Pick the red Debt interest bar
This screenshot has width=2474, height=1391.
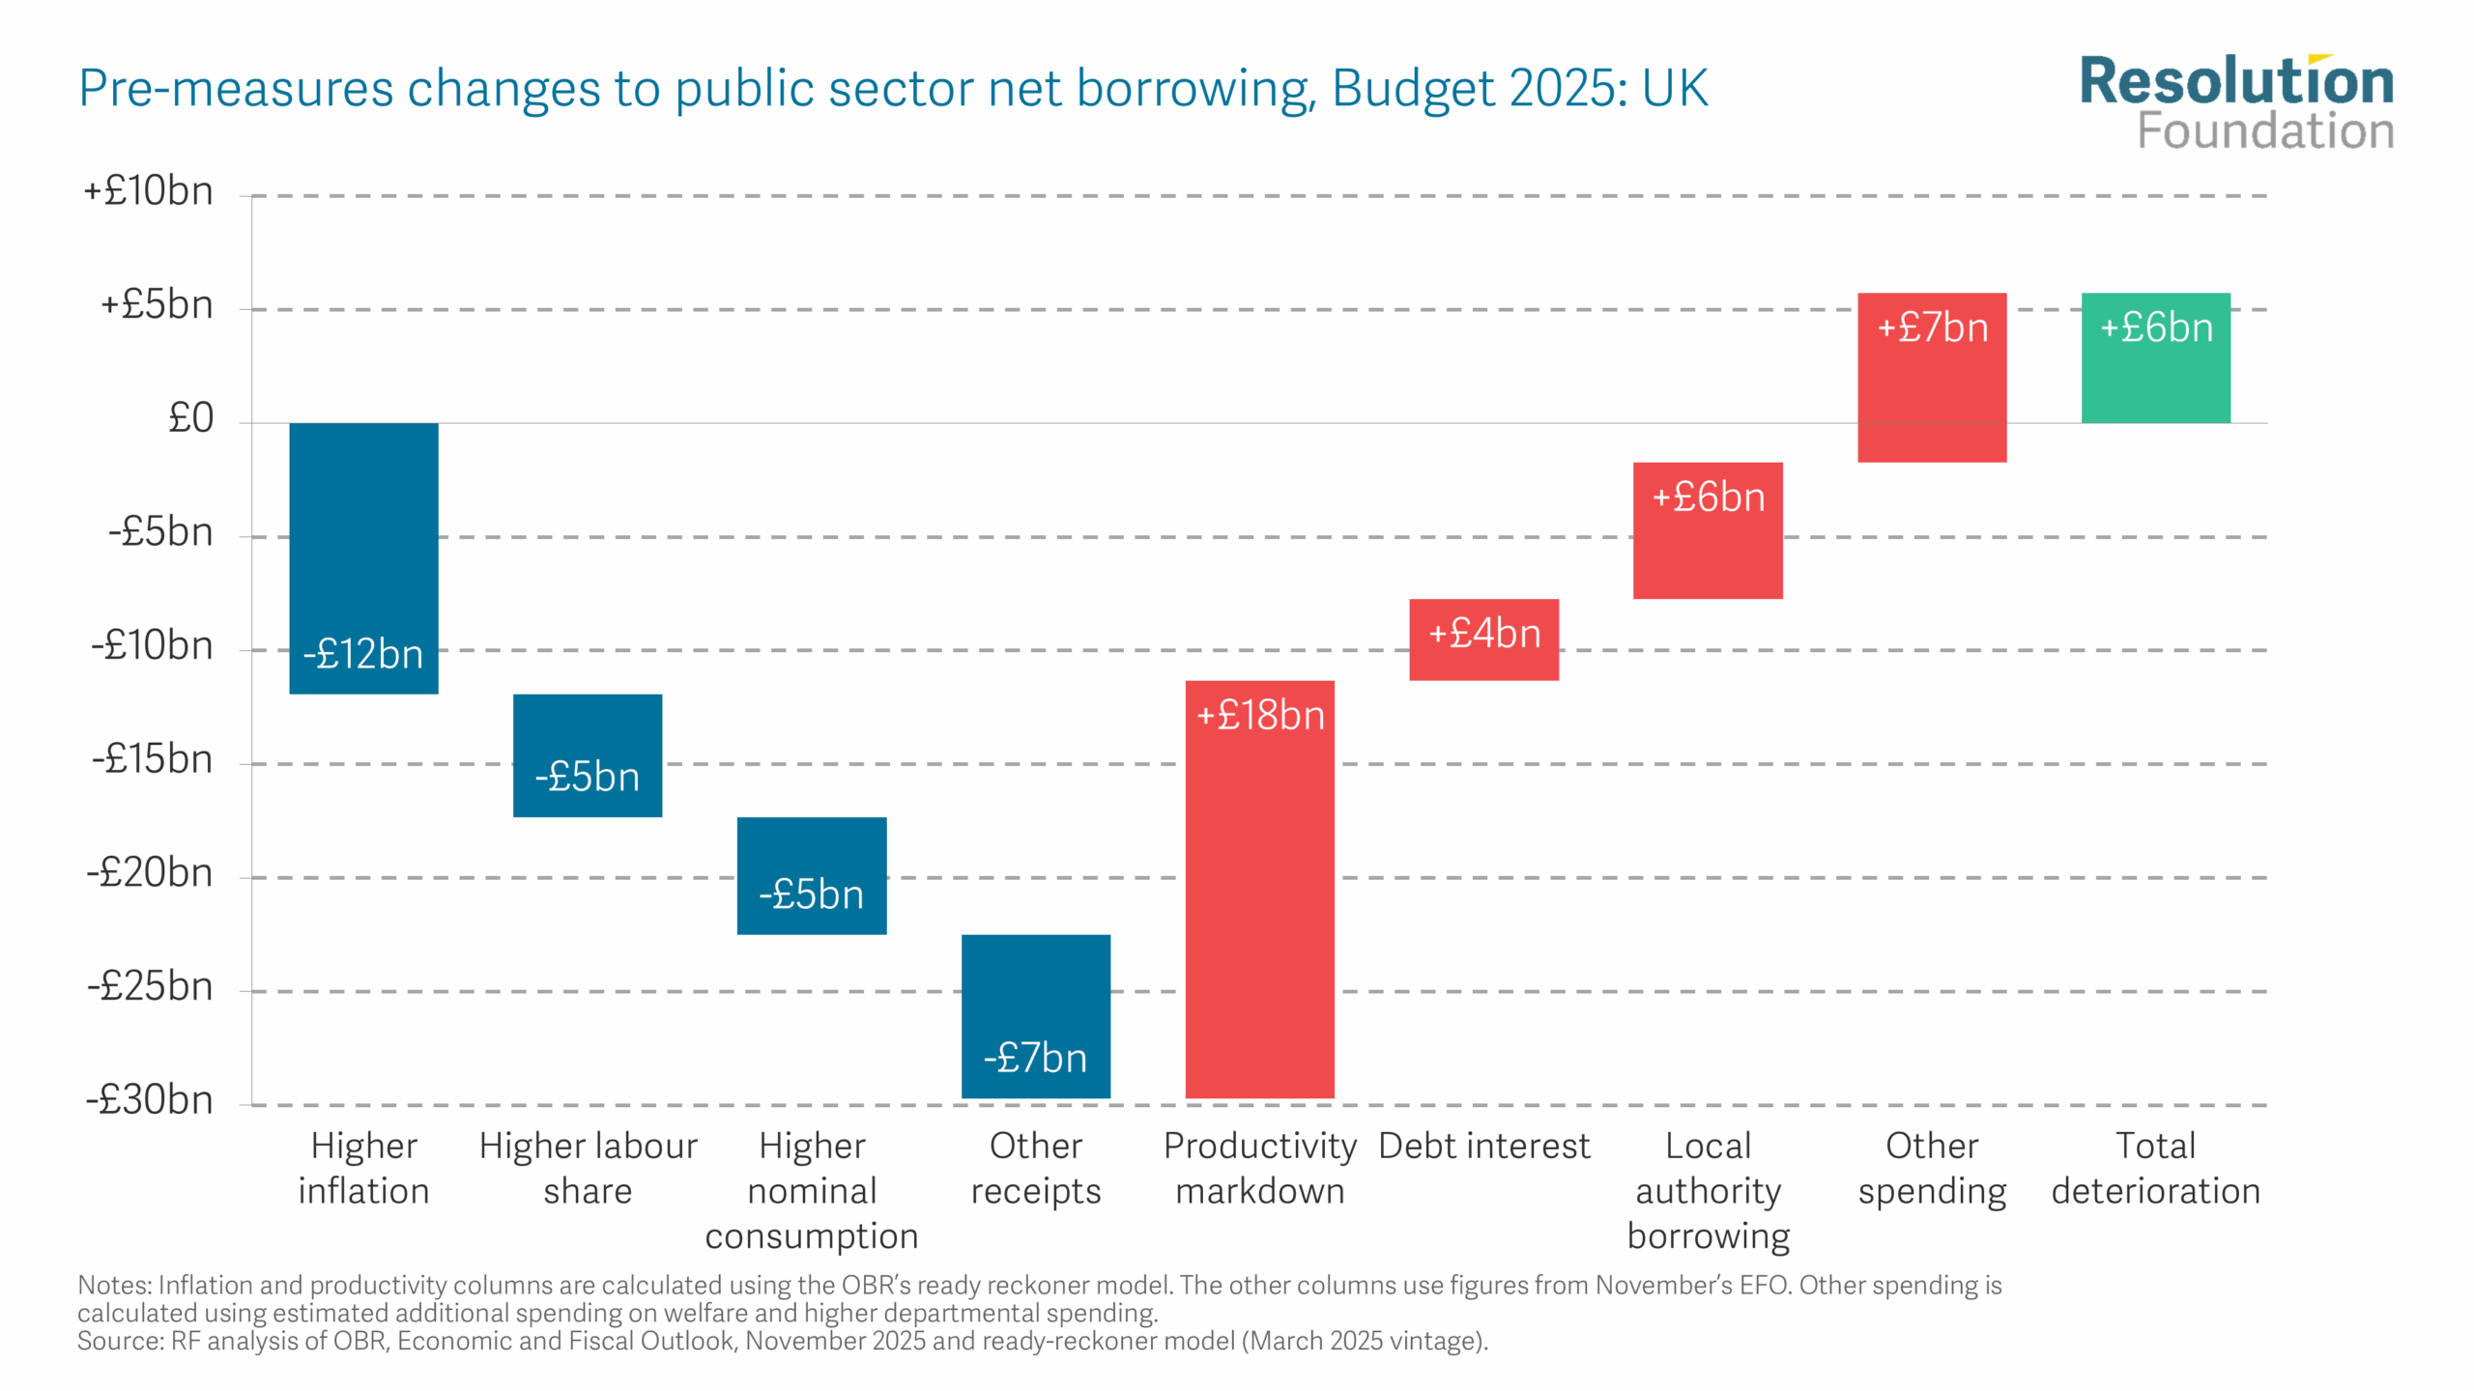pyautogui.click(x=1483, y=639)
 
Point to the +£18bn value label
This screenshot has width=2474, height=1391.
pyautogui.click(x=1260, y=716)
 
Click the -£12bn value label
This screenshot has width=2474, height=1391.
pyautogui.click(x=363, y=655)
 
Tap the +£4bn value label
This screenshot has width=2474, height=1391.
pyautogui.click(x=1484, y=634)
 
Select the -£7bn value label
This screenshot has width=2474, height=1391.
pyautogui.click(x=1035, y=1058)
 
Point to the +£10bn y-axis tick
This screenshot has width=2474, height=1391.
pyautogui.click(x=149, y=191)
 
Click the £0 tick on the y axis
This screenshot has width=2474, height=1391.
pyautogui.click(x=190, y=418)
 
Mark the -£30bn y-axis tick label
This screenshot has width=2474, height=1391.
pyautogui.click(x=150, y=1100)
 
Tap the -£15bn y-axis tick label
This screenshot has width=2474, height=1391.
pyautogui.click(x=152, y=759)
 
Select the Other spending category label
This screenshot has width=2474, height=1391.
pyautogui.click(x=1932, y=1168)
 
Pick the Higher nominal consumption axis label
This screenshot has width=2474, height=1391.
pyautogui.click(x=812, y=1190)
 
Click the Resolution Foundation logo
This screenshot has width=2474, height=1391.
pyautogui.click(x=2236, y=102)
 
